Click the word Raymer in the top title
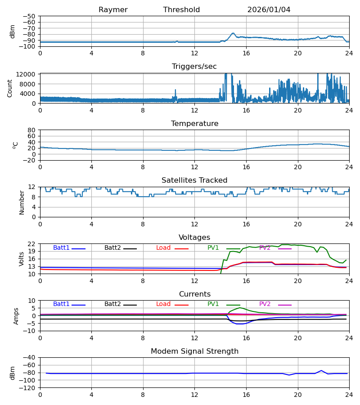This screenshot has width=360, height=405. tap(113, 10)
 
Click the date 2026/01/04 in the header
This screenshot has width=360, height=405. tap(269, 10)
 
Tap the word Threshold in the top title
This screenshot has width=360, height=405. tap(181, 10)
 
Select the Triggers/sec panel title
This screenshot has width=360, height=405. tap(194, 67)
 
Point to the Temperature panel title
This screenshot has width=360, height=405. tap(194, 124)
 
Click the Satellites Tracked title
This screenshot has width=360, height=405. tap(194, 180)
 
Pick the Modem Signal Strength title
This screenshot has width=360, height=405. tap(194, 351)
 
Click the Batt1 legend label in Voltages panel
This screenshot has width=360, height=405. tap(61, 248)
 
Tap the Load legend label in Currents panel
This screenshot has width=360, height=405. tap(163, 304)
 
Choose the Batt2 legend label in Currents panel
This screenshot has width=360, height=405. tap(113, 304)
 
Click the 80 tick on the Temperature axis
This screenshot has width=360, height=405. tap(31, 130)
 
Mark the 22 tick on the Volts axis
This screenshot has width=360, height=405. tap(31, 244)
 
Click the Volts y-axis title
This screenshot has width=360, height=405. tap(22, 259)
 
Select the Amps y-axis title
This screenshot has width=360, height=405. tap(17, 316)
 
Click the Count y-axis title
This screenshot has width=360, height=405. tap(10, 88)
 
